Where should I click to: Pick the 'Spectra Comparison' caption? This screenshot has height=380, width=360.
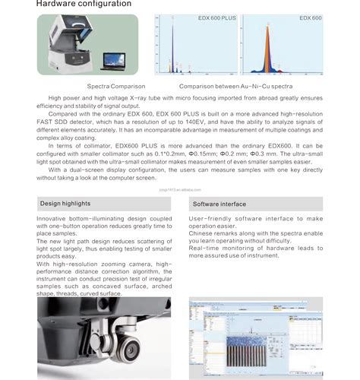[x=111, y=87]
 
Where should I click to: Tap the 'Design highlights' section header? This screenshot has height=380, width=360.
[x=65, y=204]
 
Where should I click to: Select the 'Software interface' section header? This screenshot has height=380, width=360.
[x=219, y=204]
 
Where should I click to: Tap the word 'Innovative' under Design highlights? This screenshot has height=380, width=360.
[x=52, y=219]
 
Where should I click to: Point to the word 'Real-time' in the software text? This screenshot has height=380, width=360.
[x=205, y=249]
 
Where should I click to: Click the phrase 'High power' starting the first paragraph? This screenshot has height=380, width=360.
[x=64, y=98]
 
